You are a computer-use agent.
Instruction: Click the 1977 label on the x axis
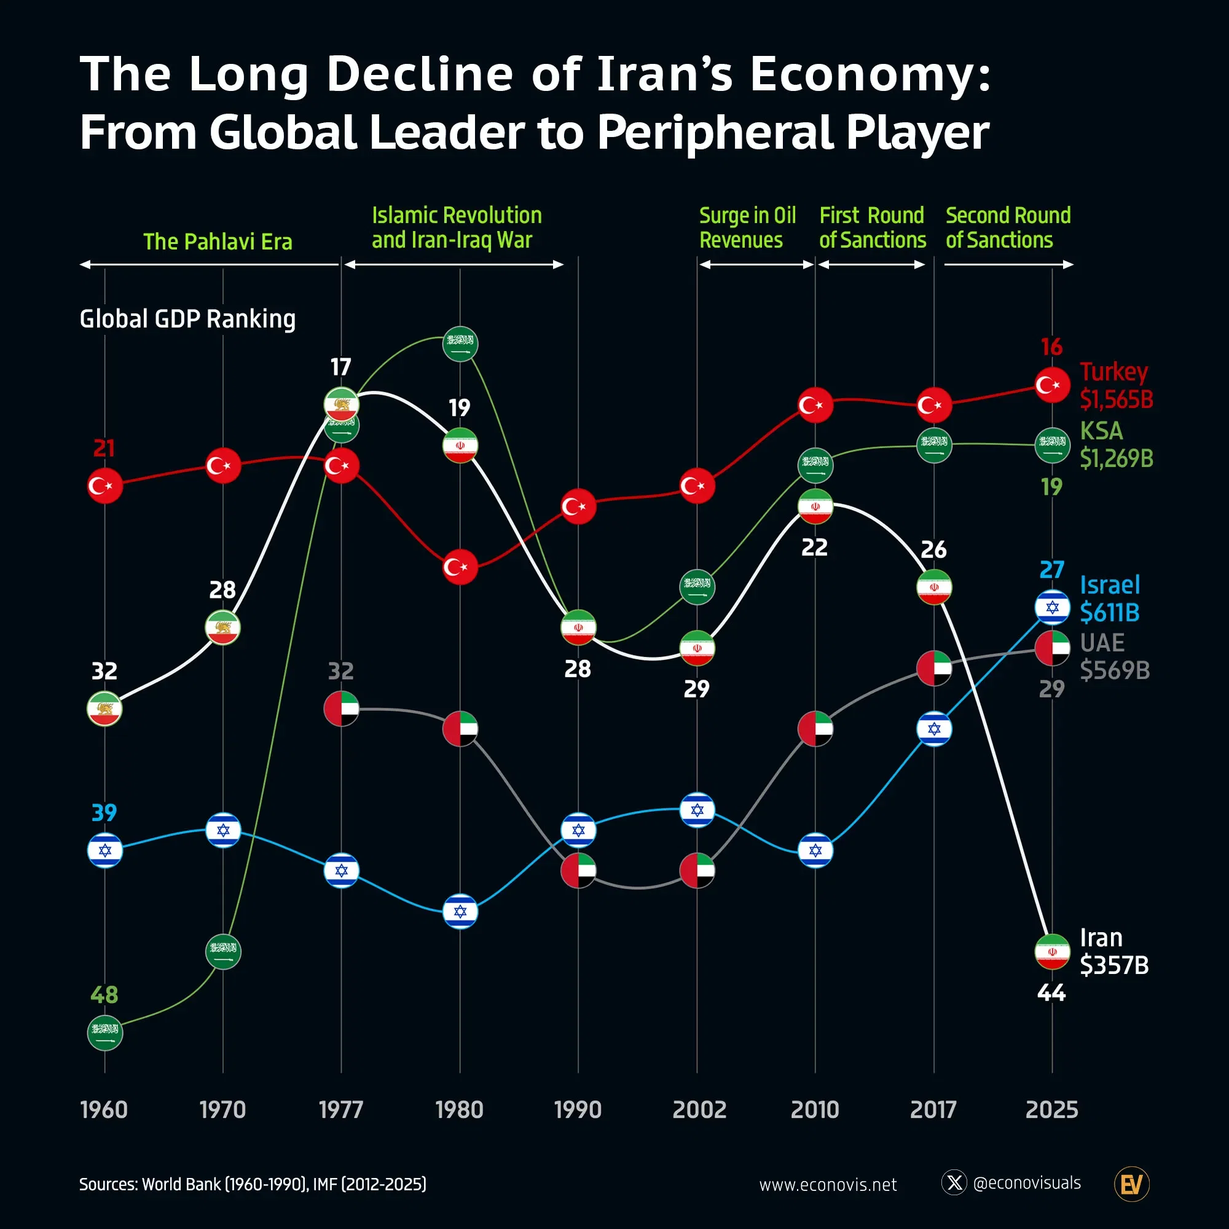click(341, 1110)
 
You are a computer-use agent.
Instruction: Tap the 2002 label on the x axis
click(699, 1110)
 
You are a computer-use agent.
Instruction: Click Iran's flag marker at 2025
click(1052, 952)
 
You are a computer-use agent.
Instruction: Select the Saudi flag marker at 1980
click(460, 344)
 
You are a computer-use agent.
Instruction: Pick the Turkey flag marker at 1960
click(105, 485)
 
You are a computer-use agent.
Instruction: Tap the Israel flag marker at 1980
click(460, 911)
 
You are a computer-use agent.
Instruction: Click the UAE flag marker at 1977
click(342, 709)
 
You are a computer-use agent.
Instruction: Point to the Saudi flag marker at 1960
click(105, 1033)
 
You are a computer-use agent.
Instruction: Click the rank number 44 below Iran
click(1051, 992)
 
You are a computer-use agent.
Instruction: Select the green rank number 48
click(104, 995)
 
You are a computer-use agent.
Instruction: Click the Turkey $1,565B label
click(1116, 385)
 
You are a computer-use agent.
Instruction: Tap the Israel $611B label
click(1109, 599)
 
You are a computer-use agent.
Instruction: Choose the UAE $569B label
click(1115, 656)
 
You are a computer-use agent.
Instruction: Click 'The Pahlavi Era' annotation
click(218, 241)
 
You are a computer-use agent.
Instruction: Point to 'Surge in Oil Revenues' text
click(747, 228)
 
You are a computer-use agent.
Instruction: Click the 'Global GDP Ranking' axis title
click(187, 319)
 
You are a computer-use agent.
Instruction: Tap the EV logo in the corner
click(1132, 1184)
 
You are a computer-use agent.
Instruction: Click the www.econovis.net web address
click(828, 1185)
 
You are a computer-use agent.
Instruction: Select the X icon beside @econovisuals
click(954, 1182)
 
